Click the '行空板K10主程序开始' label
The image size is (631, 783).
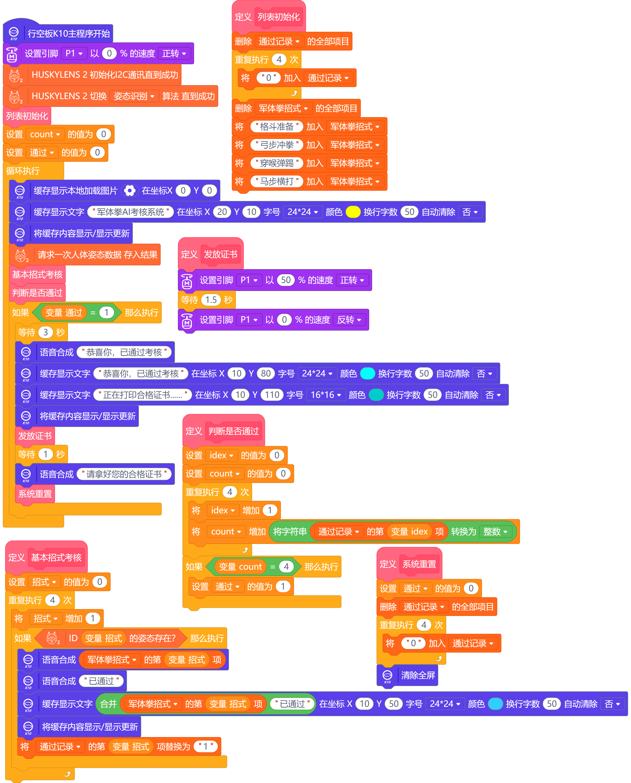coord(69,33)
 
